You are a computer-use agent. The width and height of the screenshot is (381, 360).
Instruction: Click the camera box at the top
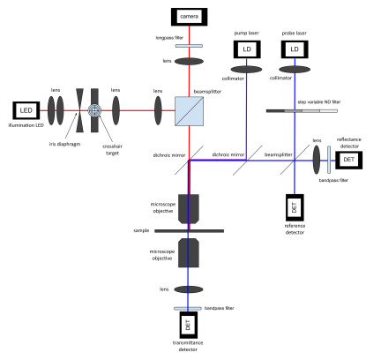[x=190, y=17]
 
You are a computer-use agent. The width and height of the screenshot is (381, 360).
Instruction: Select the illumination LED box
[x=26, y=111]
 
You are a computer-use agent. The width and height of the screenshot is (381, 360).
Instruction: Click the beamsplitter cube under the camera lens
[x=190, y=111]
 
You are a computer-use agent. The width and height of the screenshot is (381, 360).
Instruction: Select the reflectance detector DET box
[x=347, y=159]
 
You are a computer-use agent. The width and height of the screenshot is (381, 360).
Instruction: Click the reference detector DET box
[x=295, y=208]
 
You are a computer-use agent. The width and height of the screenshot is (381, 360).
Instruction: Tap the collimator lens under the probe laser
[x=295, y=69]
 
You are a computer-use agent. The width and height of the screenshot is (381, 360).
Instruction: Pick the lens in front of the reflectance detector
[x=317, y=159]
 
